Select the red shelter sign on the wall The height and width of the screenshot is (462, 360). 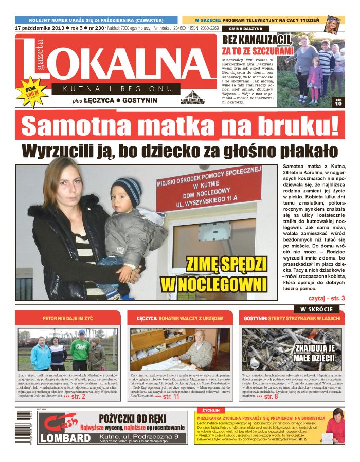tap(215, 188)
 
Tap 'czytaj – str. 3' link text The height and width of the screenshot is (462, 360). tap(327, 298)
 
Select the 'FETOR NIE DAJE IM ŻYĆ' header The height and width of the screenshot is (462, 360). tap(67, 319)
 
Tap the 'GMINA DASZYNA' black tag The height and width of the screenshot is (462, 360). tap(245, 29)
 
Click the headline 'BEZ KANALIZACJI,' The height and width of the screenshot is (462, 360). tap(257, 40)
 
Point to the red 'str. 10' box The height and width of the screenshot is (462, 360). tap(338, 101)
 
